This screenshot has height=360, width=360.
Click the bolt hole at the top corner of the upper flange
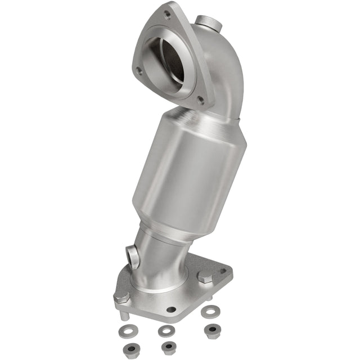[x=168, y=10]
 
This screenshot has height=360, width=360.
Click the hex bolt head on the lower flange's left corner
[x=121, y=296]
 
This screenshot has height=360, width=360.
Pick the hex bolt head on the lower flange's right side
[x=205, y=277]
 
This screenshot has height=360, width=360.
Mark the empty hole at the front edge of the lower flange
[x=171, y=309]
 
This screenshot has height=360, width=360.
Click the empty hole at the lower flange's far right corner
[x=224, y=271]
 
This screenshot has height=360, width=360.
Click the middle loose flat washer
[x=165, y=331]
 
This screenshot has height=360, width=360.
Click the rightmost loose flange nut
[x=213, y=329]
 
